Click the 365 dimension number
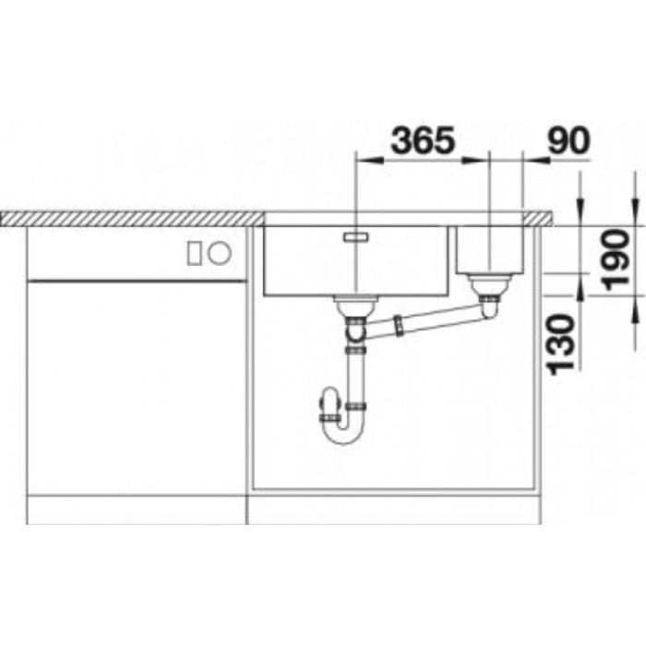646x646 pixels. [x=423, y=140]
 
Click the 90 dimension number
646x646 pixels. [x=569, y=140]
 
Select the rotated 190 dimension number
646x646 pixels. [x=616, y=260]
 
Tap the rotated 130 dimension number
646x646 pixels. [x=561, y=345]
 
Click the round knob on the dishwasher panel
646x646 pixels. [x=220, y=252]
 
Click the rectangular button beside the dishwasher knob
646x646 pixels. [x=194, y=254]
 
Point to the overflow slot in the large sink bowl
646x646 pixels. [x=357, y=236]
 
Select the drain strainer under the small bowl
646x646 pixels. [x=490, y=285]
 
